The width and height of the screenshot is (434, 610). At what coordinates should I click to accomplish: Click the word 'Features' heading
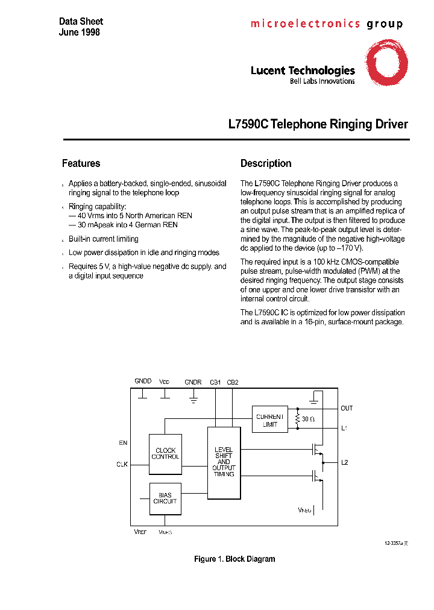[81, 163]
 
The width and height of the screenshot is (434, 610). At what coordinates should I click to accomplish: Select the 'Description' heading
[266, 163]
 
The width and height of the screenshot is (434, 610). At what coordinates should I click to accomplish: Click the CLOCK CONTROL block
[165, 453]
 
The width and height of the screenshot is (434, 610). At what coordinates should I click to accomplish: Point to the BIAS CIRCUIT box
[165, 498]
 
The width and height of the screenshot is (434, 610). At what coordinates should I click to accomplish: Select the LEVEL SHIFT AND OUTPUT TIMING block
[224, 462]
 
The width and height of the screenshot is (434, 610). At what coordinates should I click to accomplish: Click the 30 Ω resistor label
[308, 418]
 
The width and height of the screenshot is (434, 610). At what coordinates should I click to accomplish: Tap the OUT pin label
[347, 408]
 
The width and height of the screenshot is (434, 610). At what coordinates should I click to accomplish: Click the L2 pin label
[345, 462]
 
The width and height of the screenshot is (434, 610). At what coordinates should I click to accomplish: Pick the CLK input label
[122, 464]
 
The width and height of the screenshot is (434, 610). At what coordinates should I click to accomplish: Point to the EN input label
[123, 443]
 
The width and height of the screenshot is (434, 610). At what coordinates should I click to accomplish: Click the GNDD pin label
[143, 382]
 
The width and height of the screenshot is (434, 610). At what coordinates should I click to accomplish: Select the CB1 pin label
[215, 382]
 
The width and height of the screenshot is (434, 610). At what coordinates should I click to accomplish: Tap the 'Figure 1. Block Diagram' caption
[234, 559]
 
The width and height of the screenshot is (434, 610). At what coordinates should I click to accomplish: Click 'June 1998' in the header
[80, 33]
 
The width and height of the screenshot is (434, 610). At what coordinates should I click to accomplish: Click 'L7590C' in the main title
[248, 125]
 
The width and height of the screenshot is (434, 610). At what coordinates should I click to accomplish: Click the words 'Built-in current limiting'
[104, 239]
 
